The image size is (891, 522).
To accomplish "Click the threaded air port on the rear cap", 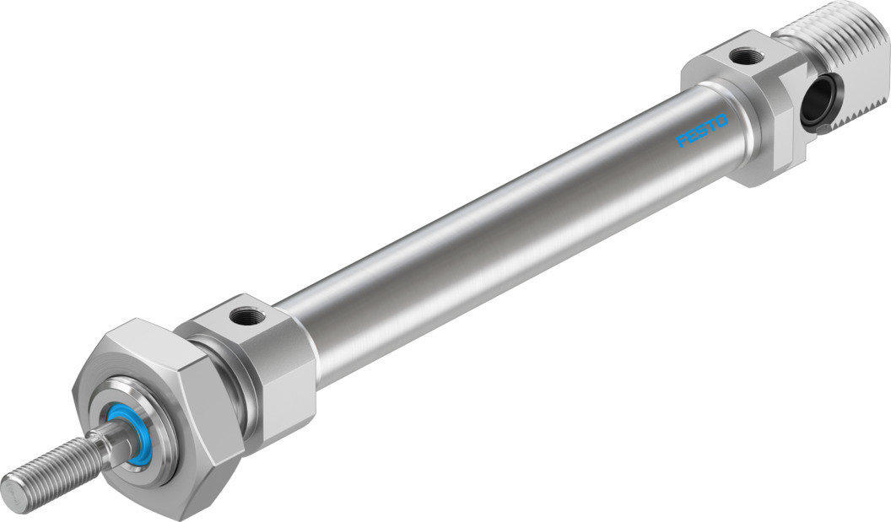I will coord(746,57).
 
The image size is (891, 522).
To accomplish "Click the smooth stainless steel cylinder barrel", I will coord(506,245).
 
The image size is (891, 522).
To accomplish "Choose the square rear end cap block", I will coord(742,110).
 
